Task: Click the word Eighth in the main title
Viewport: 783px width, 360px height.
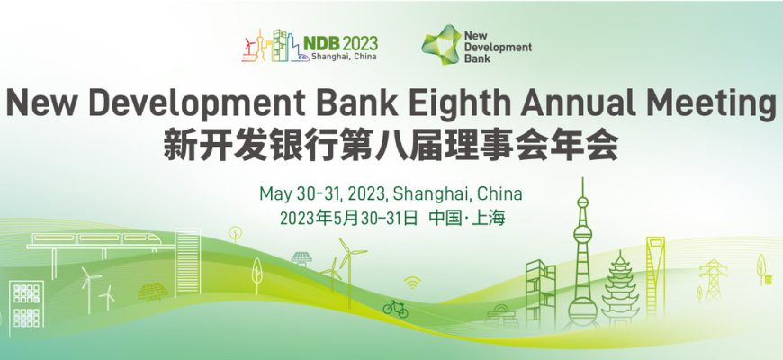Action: (456, 103)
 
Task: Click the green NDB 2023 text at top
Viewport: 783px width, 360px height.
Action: (340, 43)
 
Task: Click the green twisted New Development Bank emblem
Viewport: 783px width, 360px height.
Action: (441, 45)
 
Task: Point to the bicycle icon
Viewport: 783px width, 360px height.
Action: (395, 309)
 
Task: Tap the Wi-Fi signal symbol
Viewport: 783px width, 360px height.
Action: (412, 283)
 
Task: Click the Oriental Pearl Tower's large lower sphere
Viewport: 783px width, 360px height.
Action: (582, 307)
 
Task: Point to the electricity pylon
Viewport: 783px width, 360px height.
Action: (713, 280)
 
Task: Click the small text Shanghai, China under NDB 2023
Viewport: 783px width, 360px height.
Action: (344, 57)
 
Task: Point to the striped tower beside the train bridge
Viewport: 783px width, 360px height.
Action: (188, 262)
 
